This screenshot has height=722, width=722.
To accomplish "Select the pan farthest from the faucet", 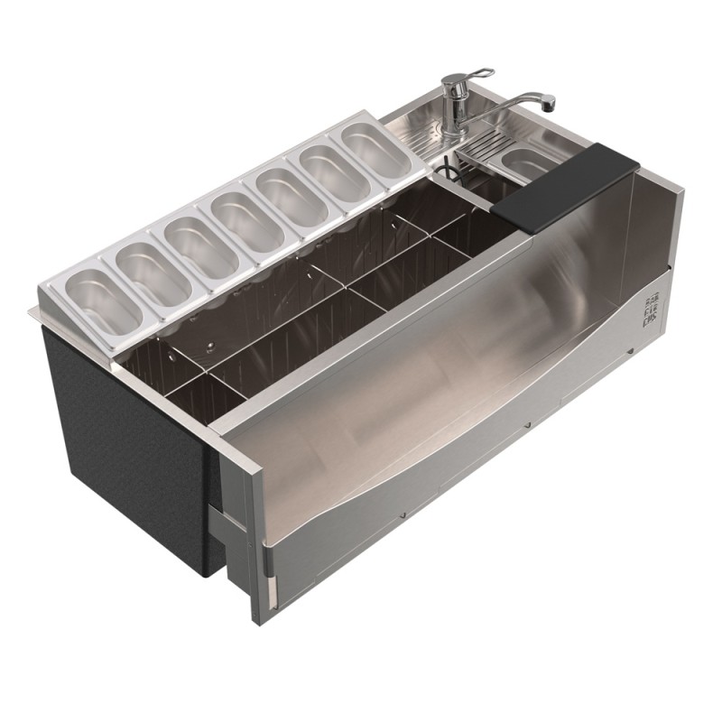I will [x=104, y=297].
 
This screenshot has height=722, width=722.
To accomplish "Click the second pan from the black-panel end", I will [x=153, y=271].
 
